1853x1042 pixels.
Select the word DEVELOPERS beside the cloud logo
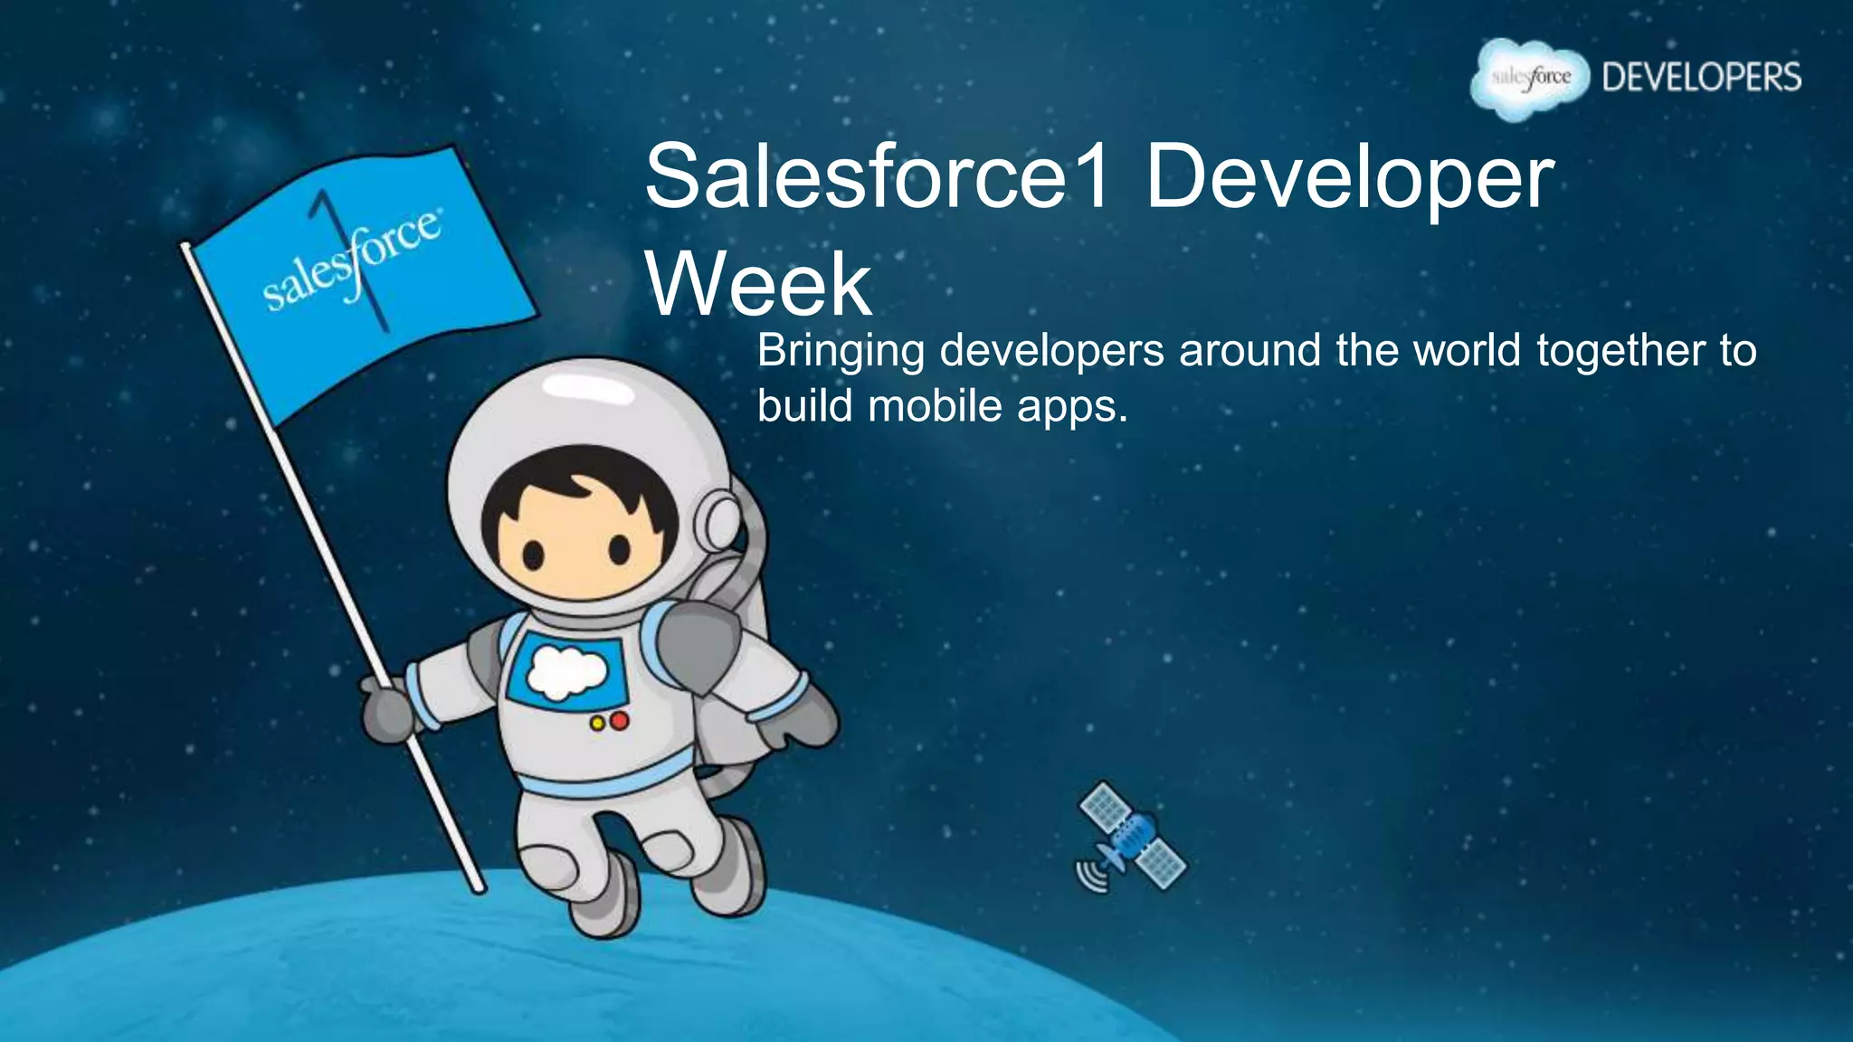(x=1701, y=78)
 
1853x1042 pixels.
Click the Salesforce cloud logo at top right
(x=1530, y=79)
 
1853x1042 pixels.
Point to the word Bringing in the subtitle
(x=841, y=351)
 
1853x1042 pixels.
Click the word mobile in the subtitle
(x=935, y=406)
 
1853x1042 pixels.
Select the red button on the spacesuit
(x=620, y=721)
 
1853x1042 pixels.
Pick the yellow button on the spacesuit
(x=597, y=724)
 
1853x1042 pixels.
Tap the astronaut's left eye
(x=534, y=554)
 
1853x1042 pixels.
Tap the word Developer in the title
(x=1349, y=177)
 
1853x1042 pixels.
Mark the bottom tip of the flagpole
(x=480, y=888)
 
